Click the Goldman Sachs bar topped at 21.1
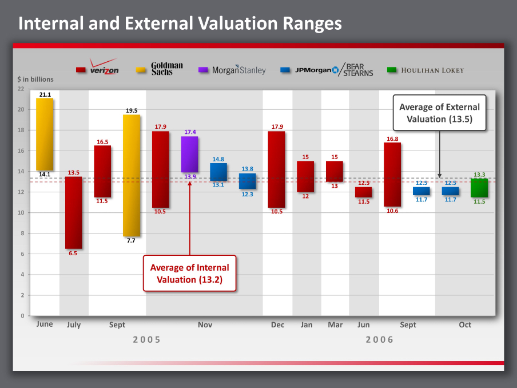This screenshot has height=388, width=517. point(45,134)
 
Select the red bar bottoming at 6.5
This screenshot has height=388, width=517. point(73,213)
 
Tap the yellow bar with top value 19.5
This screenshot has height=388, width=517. point(132,176)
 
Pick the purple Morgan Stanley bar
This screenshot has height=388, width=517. point(189,155)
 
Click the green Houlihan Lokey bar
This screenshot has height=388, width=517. point(479,188)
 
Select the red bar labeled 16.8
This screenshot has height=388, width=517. point(392,175)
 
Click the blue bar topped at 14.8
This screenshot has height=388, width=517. point(218,172)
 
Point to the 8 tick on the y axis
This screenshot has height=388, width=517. point(22,233)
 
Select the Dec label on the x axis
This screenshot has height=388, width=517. point(277,325)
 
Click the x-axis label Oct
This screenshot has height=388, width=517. point(465,325)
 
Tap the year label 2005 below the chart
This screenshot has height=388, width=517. point(147,339)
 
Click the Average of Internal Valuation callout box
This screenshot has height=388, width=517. point(189,274)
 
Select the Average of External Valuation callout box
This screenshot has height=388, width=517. point(439,113)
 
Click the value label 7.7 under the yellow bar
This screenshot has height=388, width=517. point(131,241)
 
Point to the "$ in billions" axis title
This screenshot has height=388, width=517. point(35,80)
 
